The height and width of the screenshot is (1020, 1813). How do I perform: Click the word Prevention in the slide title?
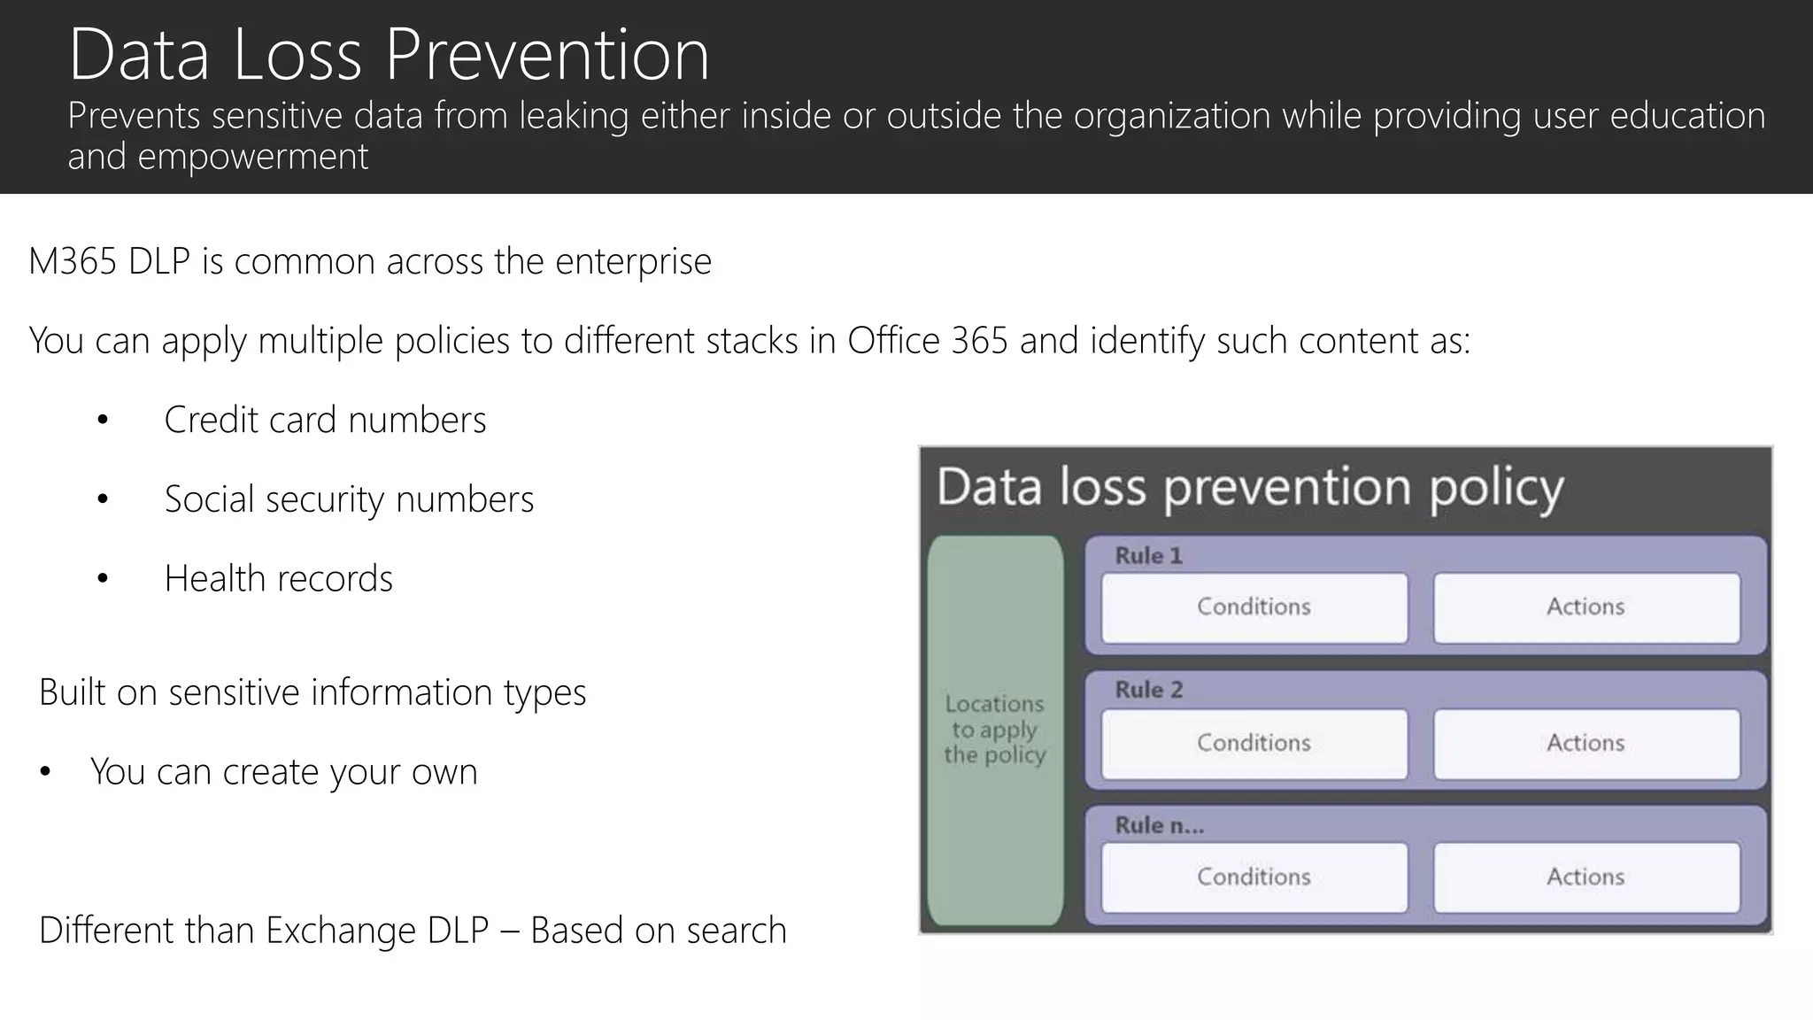(x=546, y=55)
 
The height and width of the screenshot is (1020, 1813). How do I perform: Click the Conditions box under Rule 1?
(x=1254, y=607)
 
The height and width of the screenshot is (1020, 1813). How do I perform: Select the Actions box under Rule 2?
(x=1585, y=743)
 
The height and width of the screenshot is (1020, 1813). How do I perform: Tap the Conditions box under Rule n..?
(x=1254, y=877)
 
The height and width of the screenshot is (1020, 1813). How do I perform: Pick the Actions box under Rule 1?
(x=1585, y=607)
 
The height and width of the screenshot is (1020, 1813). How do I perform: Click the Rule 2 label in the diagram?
(x=1148, y=690)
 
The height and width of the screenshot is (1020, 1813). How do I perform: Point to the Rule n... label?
(x=1159, y=825)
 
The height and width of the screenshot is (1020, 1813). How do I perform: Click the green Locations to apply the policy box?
(x=995, y=730)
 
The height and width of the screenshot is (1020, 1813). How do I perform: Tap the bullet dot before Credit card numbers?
(x=103, y=421)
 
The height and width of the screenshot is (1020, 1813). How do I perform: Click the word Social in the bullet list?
(x=209, y=499)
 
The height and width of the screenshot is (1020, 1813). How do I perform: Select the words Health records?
(x=278, y=579)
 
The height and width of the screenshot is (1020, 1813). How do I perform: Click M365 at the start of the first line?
(x=72, y=262)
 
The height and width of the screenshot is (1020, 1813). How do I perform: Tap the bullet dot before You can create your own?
(x=45, y=773)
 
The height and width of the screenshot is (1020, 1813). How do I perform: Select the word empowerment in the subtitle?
(x=252, y=157)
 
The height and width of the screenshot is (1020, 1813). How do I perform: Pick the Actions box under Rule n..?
(x=1585, y=877)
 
